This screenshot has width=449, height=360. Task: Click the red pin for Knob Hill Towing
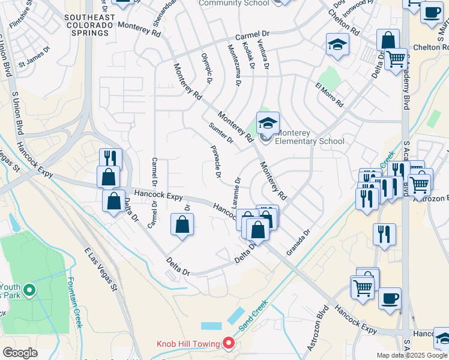(229, 343)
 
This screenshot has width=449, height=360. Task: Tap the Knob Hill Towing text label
(188, 344)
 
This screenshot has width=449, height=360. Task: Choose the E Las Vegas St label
(100, 269)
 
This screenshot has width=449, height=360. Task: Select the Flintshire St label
(18, 17)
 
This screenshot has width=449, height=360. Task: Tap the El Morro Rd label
(329, 95)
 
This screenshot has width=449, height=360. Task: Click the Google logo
(20, 353)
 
